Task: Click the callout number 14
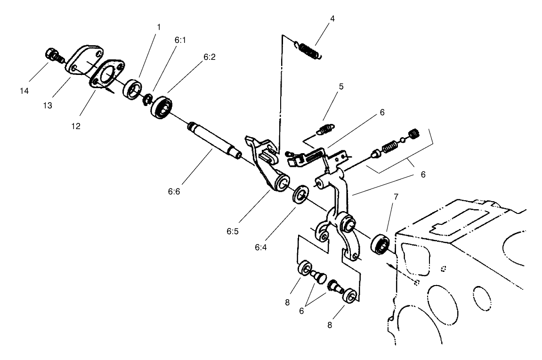24,91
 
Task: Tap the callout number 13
48,106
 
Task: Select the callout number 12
76,126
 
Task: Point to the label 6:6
174,191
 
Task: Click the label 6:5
233,231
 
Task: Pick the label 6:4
261,247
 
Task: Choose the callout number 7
396,196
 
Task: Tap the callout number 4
332,18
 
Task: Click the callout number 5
341,86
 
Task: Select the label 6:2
210,57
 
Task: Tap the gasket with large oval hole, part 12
107,74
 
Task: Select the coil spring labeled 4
308,50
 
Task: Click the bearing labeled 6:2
162,107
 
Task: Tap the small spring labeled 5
325,129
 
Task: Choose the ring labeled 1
132,89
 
